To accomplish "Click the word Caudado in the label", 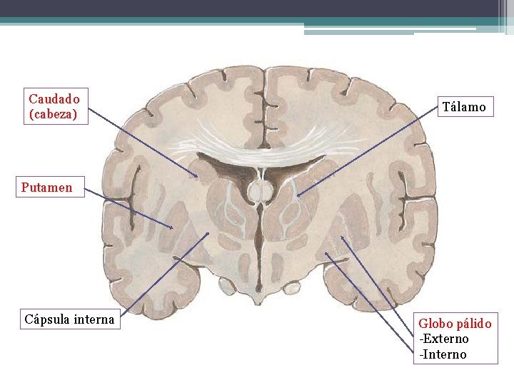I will tap(54, 98).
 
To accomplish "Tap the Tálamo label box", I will tap(463, 108).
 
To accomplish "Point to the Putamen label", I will tap(46, 188).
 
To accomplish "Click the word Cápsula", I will tap(46, 319).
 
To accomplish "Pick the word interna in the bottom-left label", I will tap(92, 319).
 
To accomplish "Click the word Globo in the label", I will tap(435, 324).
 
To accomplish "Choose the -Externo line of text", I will tap(443, 339).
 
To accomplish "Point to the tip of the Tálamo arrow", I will tap(298, 195).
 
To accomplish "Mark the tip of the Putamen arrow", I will tap(173, 228).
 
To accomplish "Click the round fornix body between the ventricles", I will tap(259, 190).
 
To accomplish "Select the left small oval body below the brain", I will tap(227, 286).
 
